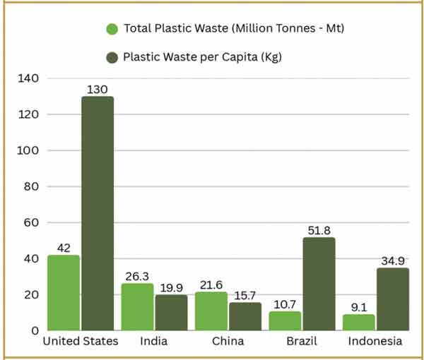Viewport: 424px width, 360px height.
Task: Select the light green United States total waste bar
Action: pos(64,292)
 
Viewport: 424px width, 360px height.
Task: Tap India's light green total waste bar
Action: pos(137,306)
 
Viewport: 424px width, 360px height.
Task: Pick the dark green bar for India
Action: pos(171,312)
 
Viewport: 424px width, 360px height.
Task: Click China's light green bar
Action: pos(211,311)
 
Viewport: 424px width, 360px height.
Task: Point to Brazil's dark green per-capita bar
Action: pos(319,284)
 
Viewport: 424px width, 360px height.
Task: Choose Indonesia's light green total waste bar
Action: pos(359,322)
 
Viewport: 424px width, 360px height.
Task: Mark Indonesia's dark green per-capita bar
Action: pos(392,299)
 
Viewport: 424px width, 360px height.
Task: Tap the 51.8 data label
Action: pos(319,230)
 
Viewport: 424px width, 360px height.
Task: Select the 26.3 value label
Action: pos(137,276)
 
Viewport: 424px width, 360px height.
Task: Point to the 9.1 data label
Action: pos(359,307)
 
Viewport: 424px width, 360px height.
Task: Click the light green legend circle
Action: pos(112,29)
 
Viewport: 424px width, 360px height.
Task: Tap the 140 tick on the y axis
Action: pos(29,78)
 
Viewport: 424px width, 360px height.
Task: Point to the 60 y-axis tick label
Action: pos(32,222)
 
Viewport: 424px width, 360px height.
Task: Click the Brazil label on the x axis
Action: pos(302,341)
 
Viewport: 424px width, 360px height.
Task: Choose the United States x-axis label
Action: pos(81,341)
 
